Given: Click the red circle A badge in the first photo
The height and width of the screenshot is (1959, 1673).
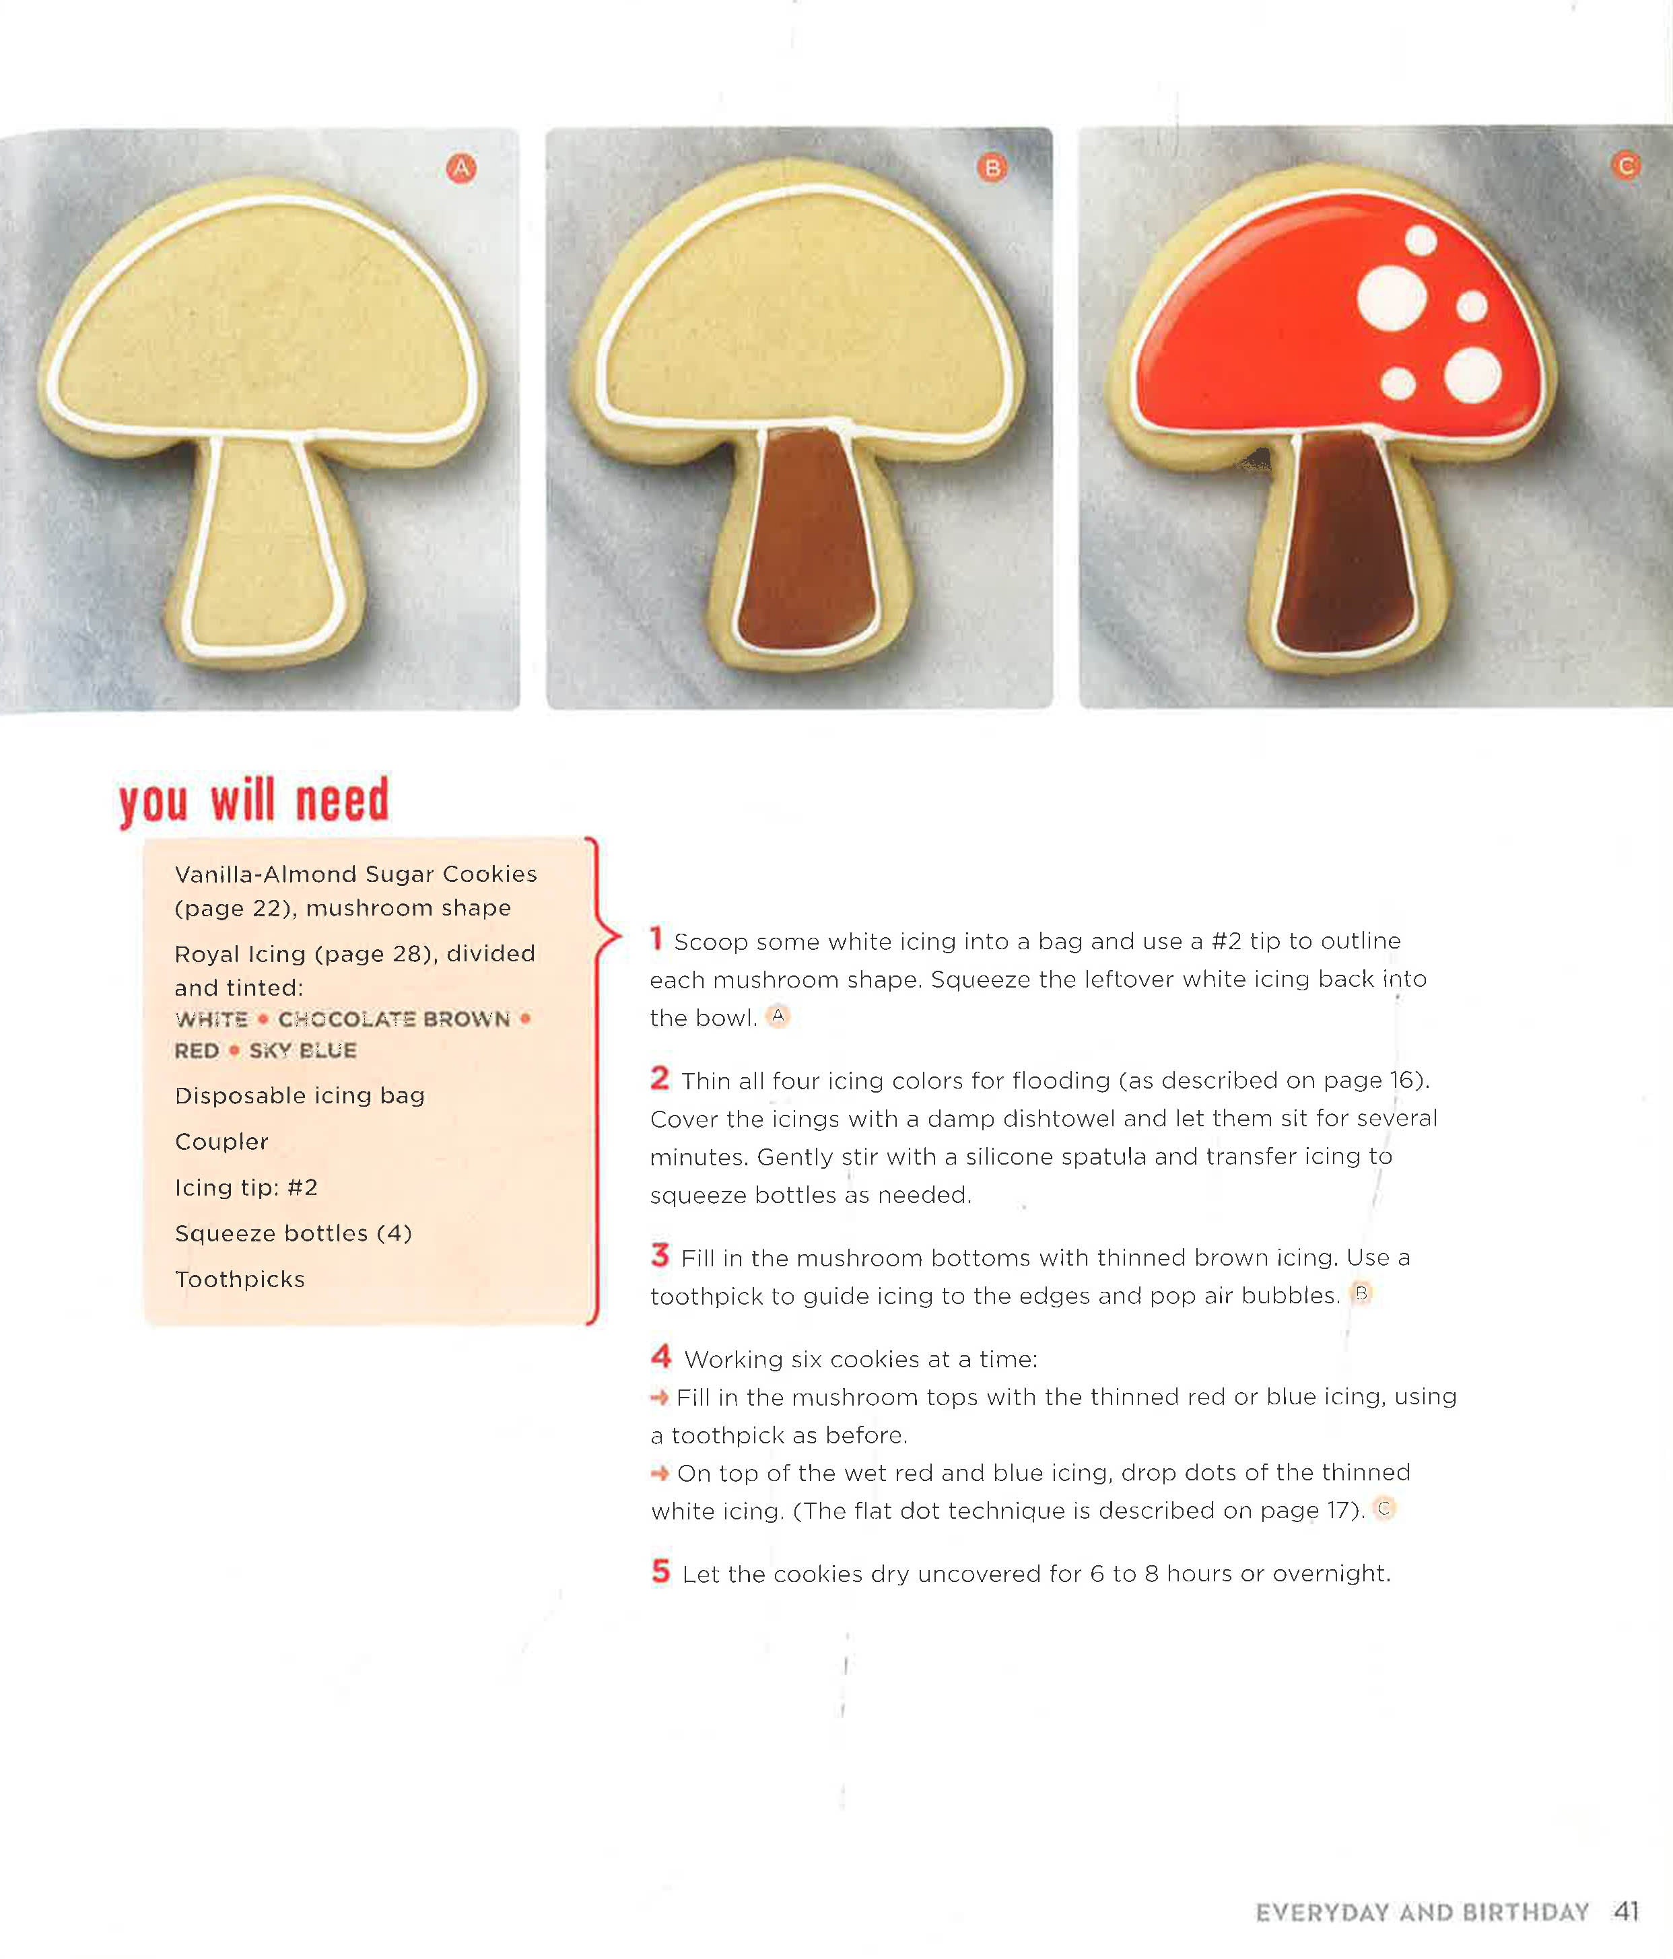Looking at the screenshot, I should [x=460, y=168].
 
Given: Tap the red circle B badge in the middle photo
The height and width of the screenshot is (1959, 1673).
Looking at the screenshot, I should [x=991, y=168].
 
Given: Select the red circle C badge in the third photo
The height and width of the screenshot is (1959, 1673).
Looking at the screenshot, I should [x=1626, y=166].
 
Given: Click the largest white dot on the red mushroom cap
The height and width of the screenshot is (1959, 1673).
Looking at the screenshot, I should [x=1391, y=298].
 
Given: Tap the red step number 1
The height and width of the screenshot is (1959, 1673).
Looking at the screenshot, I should [x=656, y=939].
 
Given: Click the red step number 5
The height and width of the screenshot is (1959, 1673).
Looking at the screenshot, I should [x=660, y=1571].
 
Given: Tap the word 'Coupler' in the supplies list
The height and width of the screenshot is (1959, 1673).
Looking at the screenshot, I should [x=221, y=1141].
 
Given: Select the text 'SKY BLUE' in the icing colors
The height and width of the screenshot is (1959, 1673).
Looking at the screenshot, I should [x=303, y=1050].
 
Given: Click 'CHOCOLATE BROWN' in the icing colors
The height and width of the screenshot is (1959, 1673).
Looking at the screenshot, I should [x=393, y=1019].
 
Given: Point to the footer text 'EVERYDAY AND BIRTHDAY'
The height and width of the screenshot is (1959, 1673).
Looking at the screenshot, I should [x=1421, y=1913].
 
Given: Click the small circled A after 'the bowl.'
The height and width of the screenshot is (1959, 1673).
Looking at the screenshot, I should [x=778, y=1017].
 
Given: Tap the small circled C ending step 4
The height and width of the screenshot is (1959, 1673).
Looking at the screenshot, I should [x=1384, y=1508].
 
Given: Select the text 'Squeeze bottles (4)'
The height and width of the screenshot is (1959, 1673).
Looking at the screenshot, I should [x=293, y=1233].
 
